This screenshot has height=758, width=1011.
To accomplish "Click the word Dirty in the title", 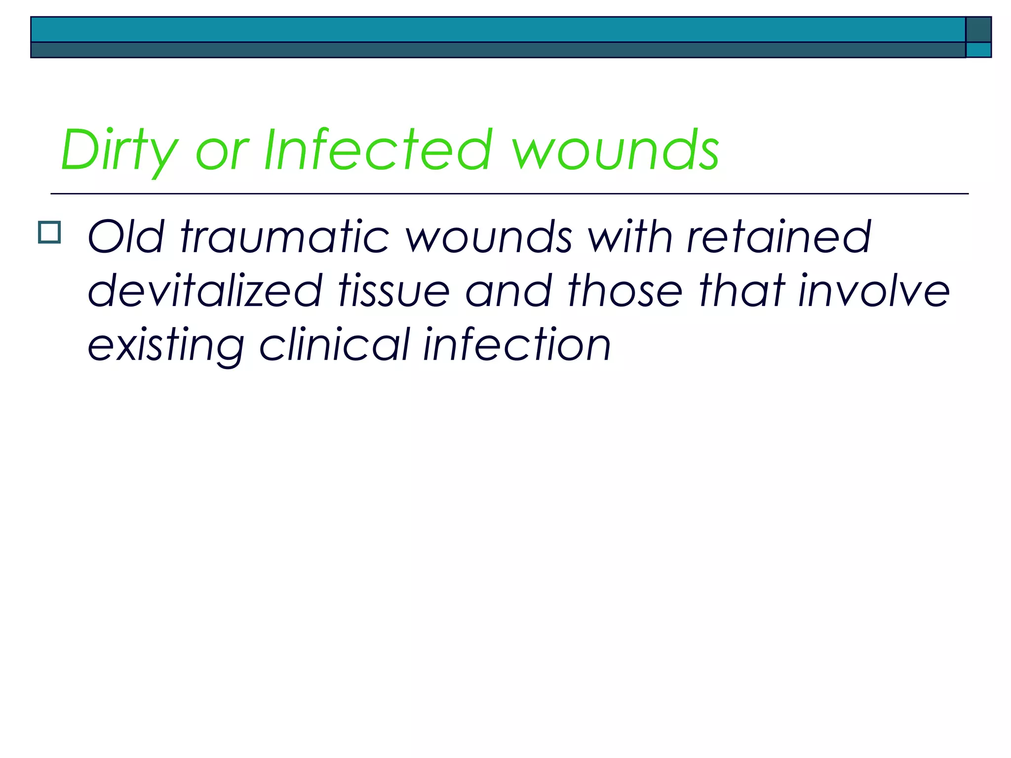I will point(118,151).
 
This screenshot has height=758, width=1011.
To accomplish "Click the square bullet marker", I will point(49,232).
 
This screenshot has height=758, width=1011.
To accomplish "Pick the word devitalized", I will point(205,291).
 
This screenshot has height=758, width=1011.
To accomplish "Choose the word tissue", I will point(394,291).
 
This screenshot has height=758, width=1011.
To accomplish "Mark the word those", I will point(625,291).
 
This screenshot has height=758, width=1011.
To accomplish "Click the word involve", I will point(874,291).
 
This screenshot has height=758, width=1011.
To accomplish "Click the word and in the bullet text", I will point(508,291).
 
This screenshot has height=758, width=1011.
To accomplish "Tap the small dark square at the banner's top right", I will point(978,30).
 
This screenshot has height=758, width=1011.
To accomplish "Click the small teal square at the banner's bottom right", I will point(978,50).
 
